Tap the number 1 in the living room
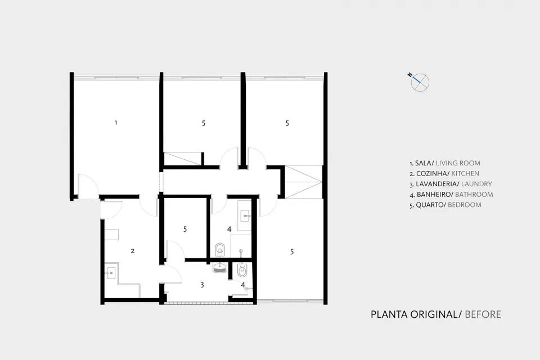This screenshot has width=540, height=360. pos(116,122)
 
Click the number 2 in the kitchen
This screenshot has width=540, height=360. pos(132,251)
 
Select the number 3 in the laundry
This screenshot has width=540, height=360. pos(201,285)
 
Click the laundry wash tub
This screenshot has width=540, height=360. pos(219,268)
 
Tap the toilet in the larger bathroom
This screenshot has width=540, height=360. pos(220,247)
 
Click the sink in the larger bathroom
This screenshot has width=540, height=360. pos(245,215)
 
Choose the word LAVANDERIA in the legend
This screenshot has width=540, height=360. pos(436,184)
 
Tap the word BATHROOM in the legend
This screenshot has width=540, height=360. pos(474,195)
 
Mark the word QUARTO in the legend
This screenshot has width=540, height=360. pos(429,205)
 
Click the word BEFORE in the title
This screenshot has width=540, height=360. pos(483,314)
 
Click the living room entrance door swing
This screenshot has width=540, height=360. pos(87,186)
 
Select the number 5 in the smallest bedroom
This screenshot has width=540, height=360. pos(184,229)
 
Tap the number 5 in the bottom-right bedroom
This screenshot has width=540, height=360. pos(292,252)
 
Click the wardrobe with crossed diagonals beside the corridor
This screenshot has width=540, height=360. pos(303,181)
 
